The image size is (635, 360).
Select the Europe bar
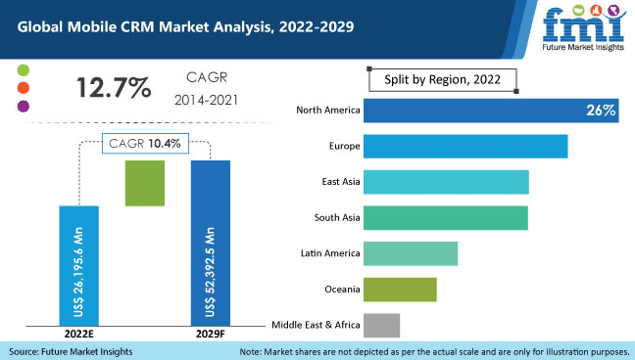[x=465, y=146]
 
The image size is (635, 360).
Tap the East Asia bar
[x=446, y=182]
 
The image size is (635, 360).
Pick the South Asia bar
[x=445, y=217]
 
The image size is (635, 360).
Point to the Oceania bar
[x=400, y=289]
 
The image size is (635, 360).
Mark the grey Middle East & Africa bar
[x=381, y=325]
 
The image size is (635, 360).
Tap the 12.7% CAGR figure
[x=114, y=87]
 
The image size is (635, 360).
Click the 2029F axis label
[x=210, y=335]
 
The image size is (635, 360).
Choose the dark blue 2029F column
[x=210, y=242]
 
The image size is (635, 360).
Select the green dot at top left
[x=24, y=70]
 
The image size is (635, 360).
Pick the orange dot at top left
[x=24, y=88]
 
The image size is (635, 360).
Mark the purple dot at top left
[x=24, y=106]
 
